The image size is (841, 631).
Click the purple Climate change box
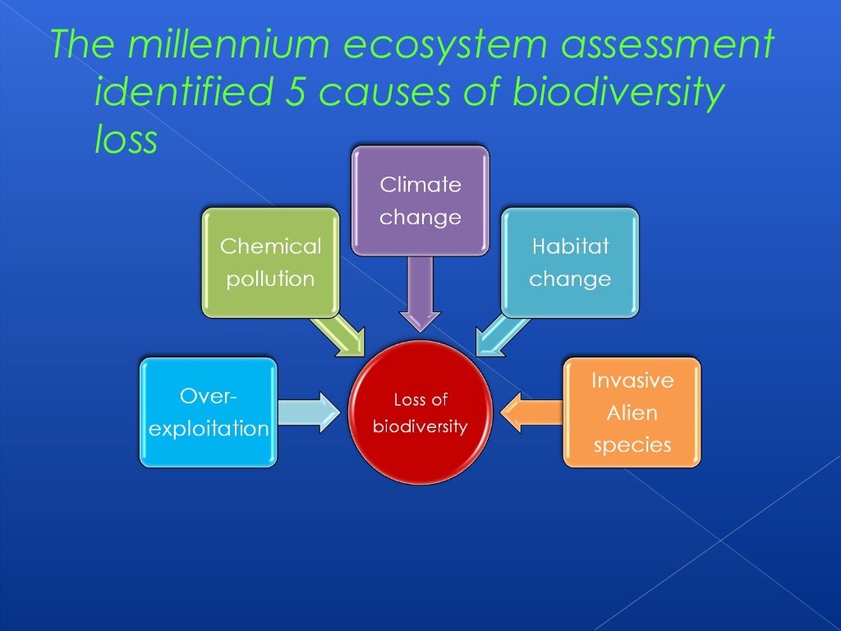pos(420,200)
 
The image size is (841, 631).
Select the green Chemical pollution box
pos(270,262)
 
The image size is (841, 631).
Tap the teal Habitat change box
pos(569,262)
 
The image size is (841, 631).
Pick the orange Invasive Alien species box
pos(632,412)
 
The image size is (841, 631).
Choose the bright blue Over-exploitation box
pos(208,412)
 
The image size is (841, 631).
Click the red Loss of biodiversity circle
pos(420,413)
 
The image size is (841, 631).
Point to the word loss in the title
pos(125,141)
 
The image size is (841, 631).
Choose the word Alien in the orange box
pos(632,413)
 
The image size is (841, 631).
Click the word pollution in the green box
pos(270,279)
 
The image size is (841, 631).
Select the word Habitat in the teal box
pos(570,246)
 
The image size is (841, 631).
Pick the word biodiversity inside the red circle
pos(420,427)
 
